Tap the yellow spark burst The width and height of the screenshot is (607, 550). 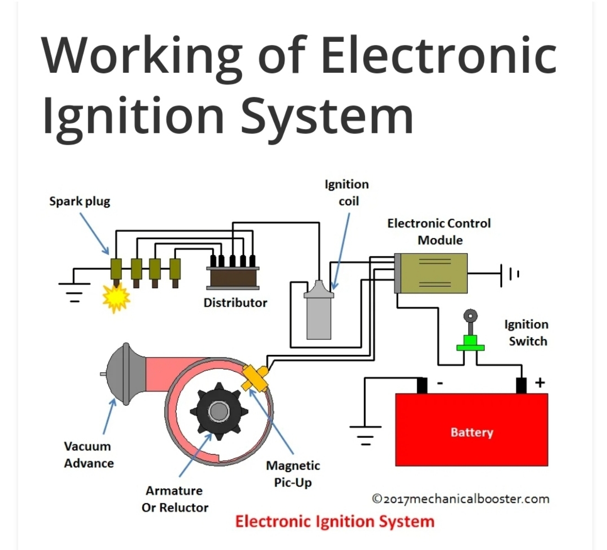pyautogui.click(x=116, y=298)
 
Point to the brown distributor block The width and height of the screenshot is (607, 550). pyautogui.click(x=233, y=277)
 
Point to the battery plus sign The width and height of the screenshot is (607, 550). pyautogui.click(x=540, y=382)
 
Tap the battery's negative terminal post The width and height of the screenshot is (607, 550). pyautogui.click(x=422, y=385)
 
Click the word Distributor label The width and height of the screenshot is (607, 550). pyautogui.click(x=235, y=303)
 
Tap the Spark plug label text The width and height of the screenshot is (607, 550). pyautogui.click(x=80, y=201)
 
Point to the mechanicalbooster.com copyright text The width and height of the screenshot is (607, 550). pyautogui.click(x=460, y=499)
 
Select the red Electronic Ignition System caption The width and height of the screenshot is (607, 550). pyautogui.click(x=335, y=522)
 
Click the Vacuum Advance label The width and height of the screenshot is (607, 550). pyautogui.click(x=88, y=455)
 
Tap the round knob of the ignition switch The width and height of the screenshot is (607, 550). pyautogui.click(x=470, y=316)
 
